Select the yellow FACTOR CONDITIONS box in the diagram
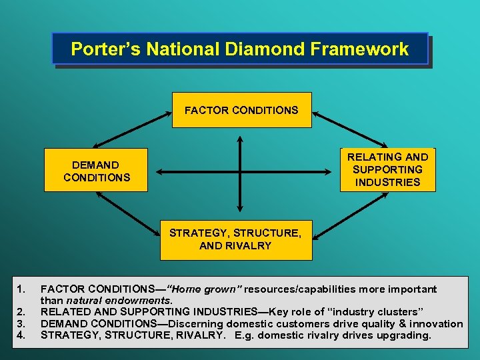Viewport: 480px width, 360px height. coord(241,110)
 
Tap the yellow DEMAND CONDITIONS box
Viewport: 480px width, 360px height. coord(96,171)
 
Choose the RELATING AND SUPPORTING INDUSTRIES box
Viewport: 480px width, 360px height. coord(387,169)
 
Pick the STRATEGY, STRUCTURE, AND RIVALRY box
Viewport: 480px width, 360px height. coord(235,239)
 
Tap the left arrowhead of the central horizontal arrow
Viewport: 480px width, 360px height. coord(159,172)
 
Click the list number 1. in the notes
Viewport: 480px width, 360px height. coord(21,289)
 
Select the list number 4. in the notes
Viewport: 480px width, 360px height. coord(21,335)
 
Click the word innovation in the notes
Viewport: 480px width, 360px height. coord(436,323)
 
